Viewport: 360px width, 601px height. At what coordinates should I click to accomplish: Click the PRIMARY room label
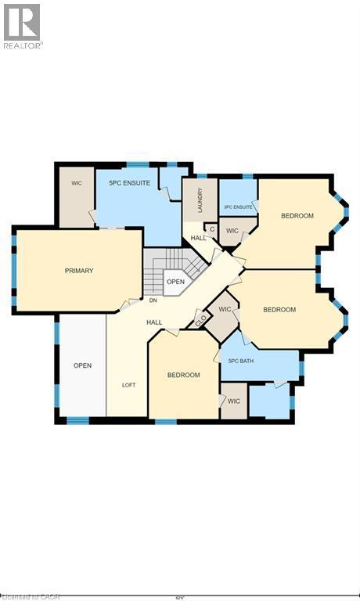79,271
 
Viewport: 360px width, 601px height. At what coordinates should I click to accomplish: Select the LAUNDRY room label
200,200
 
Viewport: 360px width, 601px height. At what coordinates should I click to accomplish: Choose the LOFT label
128,385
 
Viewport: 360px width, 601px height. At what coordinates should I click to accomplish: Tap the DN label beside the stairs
153,300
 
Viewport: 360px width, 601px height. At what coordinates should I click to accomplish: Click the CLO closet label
200,319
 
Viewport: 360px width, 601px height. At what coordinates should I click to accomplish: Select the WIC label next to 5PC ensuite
77,183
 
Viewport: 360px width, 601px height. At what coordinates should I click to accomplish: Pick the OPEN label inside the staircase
175,282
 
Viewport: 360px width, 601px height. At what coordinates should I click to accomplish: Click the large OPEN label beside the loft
83,365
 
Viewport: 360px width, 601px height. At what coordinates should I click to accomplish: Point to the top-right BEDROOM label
297,216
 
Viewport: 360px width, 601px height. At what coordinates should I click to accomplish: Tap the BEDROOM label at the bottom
183,375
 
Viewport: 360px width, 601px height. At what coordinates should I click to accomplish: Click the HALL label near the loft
153,322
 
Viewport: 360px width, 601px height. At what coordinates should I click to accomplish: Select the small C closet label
211,229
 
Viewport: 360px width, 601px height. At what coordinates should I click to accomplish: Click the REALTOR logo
22,24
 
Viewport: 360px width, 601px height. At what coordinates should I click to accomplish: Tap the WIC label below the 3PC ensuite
232,231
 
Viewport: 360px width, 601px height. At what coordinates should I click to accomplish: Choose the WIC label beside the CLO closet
225,310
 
